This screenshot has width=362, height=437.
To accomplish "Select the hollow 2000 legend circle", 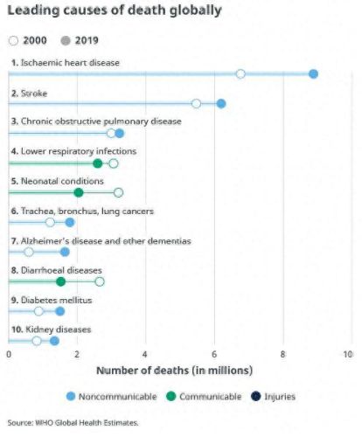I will [x=13, y=39].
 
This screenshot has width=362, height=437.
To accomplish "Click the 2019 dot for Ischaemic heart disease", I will [x=313, y=73].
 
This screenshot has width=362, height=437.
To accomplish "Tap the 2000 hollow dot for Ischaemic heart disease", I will [x=240, y=73].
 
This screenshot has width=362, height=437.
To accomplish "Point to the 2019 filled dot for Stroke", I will [x=221, y=103].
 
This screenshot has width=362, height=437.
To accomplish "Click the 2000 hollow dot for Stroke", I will [x=196, y=103].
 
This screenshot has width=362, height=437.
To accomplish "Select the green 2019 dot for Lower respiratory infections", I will [x=97, y=163].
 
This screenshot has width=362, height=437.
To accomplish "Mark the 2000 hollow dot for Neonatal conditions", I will [x=118, y=192].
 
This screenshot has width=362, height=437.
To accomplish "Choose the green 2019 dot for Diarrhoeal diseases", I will [x=60, y=281].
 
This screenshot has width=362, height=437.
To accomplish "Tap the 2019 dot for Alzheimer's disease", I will [x=65, y=252].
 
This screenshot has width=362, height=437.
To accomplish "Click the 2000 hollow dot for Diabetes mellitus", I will [x=38, y=311].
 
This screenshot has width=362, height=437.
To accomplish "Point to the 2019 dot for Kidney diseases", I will [x=54, y=341].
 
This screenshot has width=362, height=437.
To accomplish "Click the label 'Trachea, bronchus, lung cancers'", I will [x=87, y=211].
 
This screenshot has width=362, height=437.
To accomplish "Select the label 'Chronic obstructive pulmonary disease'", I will [x=101, y=121].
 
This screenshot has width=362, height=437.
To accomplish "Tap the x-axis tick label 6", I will [x=213, y=354].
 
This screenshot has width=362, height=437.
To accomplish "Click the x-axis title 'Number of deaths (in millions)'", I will [x=174, y=371].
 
